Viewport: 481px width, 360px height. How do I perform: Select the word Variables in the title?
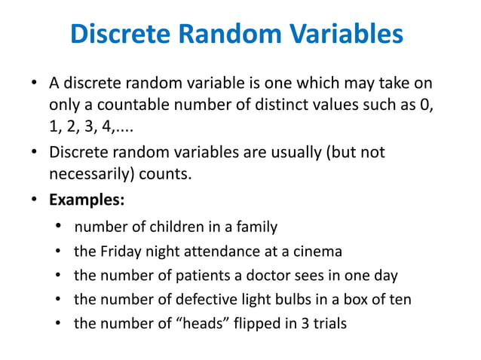coord(344,35)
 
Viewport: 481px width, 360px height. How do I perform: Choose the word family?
coord(257,227)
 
